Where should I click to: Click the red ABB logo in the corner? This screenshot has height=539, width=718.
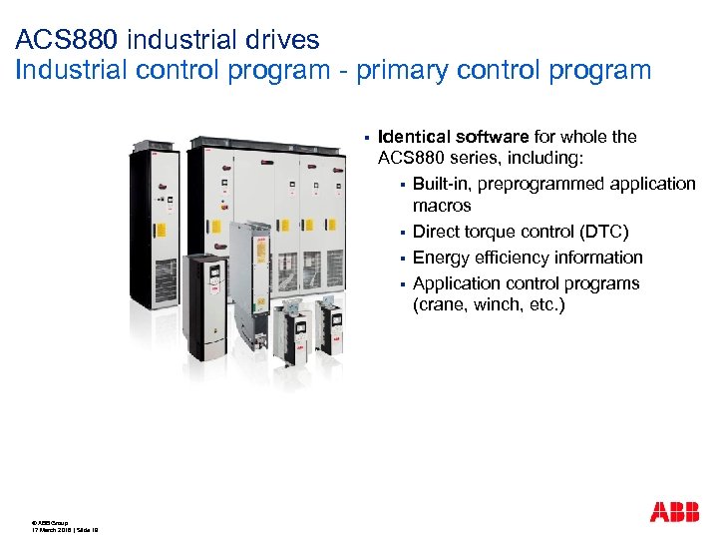674,512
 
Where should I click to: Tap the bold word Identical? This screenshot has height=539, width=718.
414,137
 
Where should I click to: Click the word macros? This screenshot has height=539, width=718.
442,207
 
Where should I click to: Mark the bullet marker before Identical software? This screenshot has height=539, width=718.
367,138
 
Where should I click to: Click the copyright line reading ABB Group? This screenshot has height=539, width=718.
50,522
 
